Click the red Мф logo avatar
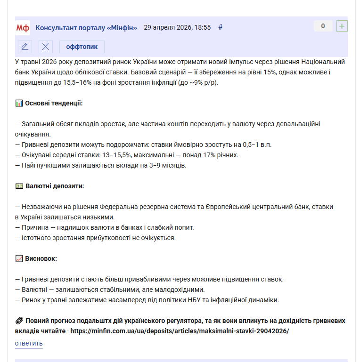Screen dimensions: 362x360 tap(23, 28)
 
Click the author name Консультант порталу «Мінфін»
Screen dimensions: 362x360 tap(86, 27)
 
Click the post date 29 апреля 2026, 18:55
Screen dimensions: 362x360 tap(177, 27)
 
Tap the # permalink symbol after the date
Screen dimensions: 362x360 tap(220, 27)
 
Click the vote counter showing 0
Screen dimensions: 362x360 tap(323, 26)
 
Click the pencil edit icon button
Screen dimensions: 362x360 tap(25, 47)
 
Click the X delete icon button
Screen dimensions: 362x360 tap(45, 47)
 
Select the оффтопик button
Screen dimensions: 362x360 tap(82, 47)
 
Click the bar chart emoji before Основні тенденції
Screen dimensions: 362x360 tap(19, 103)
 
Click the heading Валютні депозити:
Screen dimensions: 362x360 tap(54, 186)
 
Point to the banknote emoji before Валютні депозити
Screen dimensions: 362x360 tap(19, 186)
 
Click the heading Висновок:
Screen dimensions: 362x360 tap(41, 258)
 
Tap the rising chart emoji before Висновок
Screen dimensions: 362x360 tap(19, 258)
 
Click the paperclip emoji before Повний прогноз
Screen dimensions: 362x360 tap(19, 321)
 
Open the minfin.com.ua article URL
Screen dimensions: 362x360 tap(180, 331)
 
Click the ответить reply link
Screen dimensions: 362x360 tap(29, 343)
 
